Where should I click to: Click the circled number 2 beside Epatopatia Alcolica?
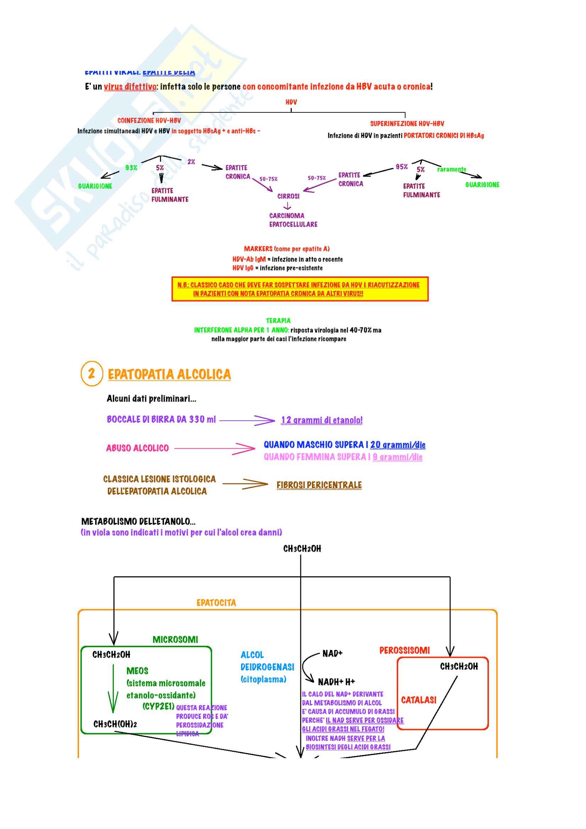coord(92,373)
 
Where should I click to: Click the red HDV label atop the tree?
coord(291,102)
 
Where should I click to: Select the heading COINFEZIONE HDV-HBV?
coord(149,121)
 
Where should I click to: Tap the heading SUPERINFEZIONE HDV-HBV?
coord(407,123)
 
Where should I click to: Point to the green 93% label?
coord(131,168)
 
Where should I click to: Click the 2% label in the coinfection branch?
coord(191,162)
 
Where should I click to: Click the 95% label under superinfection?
coord(402,167)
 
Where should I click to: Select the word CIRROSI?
coord(288,196)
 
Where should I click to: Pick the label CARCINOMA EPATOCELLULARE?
coord(293,220)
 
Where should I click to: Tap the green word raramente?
coord(451,169)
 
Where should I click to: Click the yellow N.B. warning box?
coord(300,289)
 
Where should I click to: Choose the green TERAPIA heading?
coord(278,321)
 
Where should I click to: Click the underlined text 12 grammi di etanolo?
coord(321,420)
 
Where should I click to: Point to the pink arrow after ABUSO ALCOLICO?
coord(215,448)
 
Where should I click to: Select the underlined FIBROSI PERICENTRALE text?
coord(319,485)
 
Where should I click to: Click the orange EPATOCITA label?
coord(216,603)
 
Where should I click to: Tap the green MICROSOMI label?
coord(175,640)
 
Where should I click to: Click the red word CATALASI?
coord(418,700)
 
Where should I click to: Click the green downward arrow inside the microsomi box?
coord(113,690)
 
